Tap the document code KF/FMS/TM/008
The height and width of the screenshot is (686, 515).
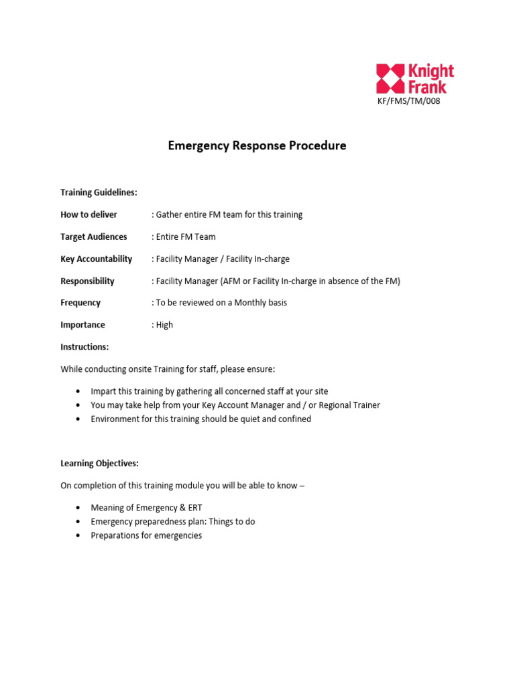(x=410, y=101)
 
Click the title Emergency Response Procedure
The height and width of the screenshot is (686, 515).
(x=257, y=145)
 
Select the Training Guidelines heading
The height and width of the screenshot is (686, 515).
(x=99, y=192)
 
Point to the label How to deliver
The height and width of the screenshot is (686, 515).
(x=89, y=214)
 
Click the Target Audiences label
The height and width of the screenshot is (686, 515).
(x=93, y=236)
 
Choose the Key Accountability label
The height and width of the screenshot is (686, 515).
(x=96, y=259)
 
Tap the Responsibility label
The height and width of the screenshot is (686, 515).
(x=87, y=281)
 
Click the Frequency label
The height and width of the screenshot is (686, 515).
(x=80, y=303)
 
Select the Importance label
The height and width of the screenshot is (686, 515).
(x=82, y=325)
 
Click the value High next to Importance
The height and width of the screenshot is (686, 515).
(x=164, y=325)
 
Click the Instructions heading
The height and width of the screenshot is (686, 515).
(x=84, y=347)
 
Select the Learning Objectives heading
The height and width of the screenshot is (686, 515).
(x=99, y=464)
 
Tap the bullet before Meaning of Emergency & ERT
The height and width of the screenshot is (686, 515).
(x=78, y=508)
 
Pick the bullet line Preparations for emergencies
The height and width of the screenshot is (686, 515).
(x=146, y=536)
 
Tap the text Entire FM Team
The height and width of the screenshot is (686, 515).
(x=186, y=236)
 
